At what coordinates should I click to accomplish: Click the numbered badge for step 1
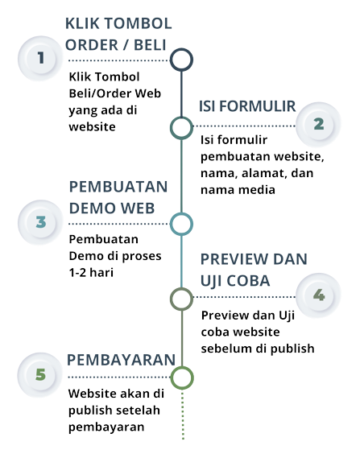(41, 58)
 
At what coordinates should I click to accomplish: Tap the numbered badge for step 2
(318, 124)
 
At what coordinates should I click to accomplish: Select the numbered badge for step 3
(41, 222)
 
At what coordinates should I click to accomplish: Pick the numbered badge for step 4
(318, 295)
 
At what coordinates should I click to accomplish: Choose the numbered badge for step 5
(40, 375)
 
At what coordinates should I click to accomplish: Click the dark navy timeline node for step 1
(181, 60)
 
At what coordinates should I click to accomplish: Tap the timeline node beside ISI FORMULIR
(181, 128)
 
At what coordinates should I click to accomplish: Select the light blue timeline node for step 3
(181, 224)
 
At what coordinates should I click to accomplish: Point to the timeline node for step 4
(181, 299)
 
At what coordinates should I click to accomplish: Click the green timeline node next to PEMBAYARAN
(182, 378)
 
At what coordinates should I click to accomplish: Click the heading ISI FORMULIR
(247, 106)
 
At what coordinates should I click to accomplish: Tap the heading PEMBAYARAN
(121, 360)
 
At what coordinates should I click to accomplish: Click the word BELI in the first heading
(150, 45)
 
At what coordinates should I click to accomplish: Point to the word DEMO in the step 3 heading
(93, 208)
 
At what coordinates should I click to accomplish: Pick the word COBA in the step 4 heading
(248, 281)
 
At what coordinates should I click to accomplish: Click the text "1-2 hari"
(91, 272)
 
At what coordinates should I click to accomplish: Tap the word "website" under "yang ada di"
(92, 126)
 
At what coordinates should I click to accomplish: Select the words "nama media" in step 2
(238, 190)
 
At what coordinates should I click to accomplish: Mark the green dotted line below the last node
(183, 415)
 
